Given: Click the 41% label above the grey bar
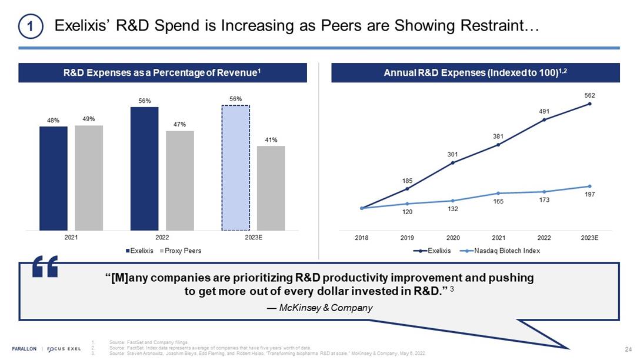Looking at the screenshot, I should point(271,140).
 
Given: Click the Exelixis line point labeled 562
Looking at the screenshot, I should point(589,104).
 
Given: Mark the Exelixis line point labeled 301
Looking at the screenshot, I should point(453,162).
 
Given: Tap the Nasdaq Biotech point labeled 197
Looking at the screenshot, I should point(589,186).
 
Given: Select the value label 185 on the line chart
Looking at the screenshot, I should point(407,181).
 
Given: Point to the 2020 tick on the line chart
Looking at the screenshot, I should point(453,238).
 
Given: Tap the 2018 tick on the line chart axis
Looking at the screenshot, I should point(362,238).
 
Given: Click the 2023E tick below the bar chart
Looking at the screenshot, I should point(253,238).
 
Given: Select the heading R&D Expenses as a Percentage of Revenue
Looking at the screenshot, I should point(162,73).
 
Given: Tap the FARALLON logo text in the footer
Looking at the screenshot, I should point(25,348).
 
